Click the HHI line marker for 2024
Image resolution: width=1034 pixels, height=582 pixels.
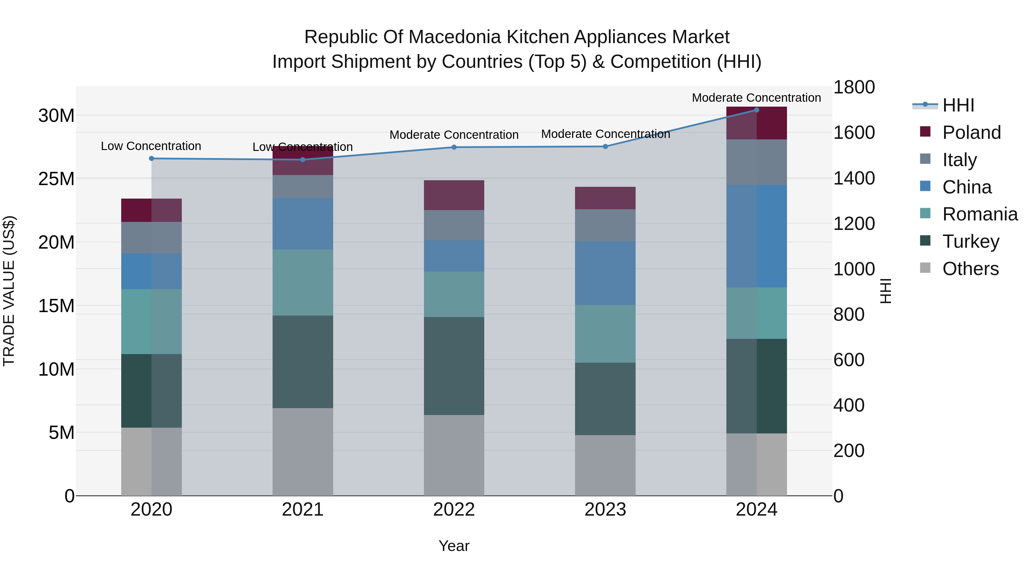756,110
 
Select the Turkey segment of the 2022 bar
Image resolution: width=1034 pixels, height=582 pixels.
454,366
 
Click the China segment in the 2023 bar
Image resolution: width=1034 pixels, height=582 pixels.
605,273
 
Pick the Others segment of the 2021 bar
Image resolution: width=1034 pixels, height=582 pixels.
303,452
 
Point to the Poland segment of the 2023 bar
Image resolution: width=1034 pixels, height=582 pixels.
605,198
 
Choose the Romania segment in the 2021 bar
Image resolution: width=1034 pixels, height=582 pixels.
303,282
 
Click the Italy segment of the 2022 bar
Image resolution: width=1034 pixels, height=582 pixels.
454,225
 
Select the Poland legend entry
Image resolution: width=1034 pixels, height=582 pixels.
971,132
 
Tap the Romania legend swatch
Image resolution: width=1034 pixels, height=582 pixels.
925,213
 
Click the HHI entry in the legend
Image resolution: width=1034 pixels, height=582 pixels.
958,105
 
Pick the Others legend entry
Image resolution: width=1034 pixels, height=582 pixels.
970,269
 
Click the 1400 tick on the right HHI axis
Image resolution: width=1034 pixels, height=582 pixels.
854,178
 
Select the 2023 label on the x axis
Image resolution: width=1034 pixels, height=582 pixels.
605,510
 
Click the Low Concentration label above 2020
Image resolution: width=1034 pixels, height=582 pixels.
151,146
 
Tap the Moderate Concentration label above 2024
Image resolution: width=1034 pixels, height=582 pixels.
756,98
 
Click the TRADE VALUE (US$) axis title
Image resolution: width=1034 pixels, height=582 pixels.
9,291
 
